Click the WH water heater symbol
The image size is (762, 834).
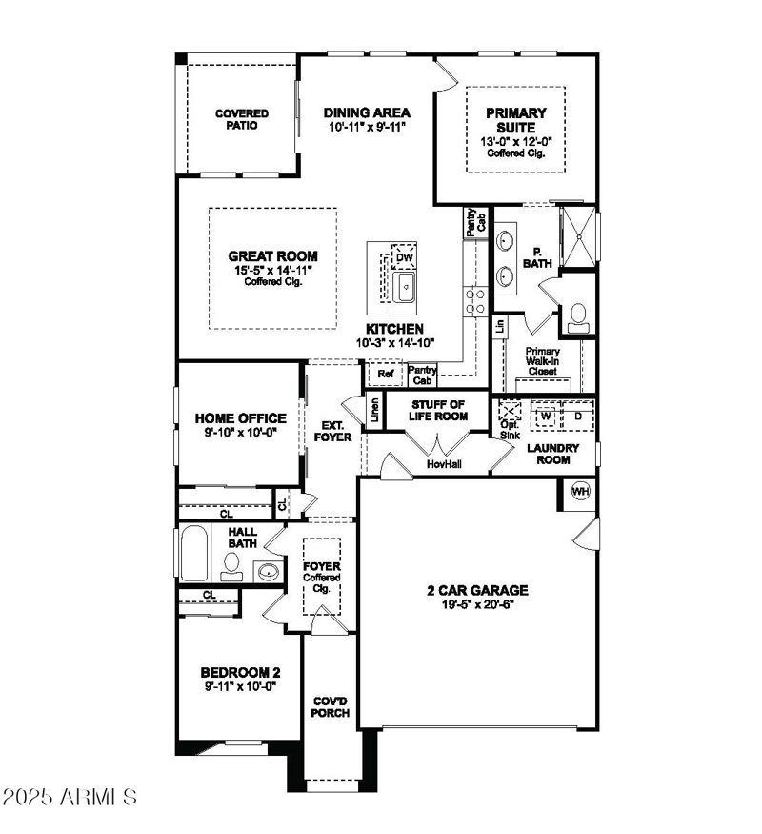pyautogui.click(x=580, y=491)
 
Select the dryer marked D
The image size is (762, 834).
pyautogui.click(x=577, y=416)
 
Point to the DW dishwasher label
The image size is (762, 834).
pyautogui.click(x=404, y=257)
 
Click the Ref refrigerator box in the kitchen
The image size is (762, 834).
pyautogui.click(x=385, y=375)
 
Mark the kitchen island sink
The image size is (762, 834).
pyautogui.click(x=406, y=286)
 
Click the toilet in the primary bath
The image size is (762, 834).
pyautogui.click(x=578, y=318)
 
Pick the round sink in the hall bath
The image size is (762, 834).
pyautogui.click(x=268, y=572)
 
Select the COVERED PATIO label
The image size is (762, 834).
pyautogui.click(x=241, y=119)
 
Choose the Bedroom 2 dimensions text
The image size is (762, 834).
pyautogui.click(x=238, y=684)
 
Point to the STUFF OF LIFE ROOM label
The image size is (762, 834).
pyautogui.click(x=439, y=410)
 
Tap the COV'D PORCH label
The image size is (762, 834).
pyautogui.click(x=331, y=706)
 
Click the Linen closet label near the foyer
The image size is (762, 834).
pyautogui.click(x=375, y=411)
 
